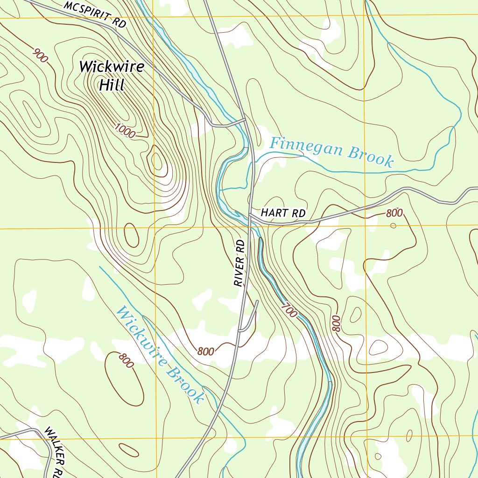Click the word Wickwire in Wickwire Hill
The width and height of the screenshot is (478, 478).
coord(112,67)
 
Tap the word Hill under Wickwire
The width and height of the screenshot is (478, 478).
coord(112,85)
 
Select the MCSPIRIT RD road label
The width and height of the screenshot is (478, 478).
coord(95,14)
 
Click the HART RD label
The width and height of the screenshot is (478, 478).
coord(283,213)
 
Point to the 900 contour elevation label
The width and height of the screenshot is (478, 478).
coord(41,56)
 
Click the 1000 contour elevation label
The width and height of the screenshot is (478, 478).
coord(125,131)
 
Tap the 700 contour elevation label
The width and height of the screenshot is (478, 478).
coord(289,310)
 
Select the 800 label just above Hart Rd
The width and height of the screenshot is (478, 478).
coord(394,213)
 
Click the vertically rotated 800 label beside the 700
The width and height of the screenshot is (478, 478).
coord(335,323)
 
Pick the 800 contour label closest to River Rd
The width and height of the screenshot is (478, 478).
coord(205,351)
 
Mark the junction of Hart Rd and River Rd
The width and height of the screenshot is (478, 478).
coord(251,215)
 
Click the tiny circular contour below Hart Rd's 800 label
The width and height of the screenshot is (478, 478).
coord(393,226)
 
